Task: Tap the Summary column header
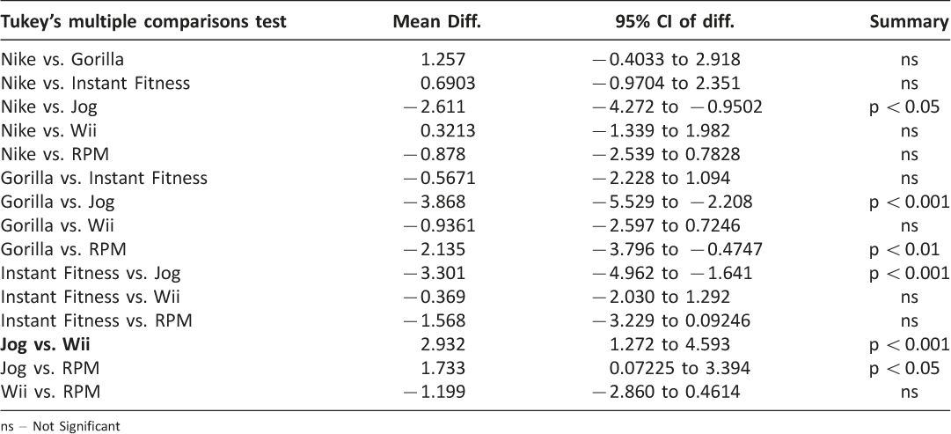click(909, 23)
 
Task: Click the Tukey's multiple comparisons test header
click(143, 23)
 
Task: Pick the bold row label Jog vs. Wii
click(46, 345)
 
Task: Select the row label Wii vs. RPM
click(50, 392)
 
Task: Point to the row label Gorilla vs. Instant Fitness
click(105, 178)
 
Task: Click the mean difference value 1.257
click(443, 60)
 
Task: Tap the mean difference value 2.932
click(443, 345)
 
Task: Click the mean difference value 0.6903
click(443, 83)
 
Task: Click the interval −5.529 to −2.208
click(672, 202)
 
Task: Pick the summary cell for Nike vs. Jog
click(905, 107)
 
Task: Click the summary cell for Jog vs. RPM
click(905, 369)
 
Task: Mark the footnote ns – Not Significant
click(60, 426)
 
